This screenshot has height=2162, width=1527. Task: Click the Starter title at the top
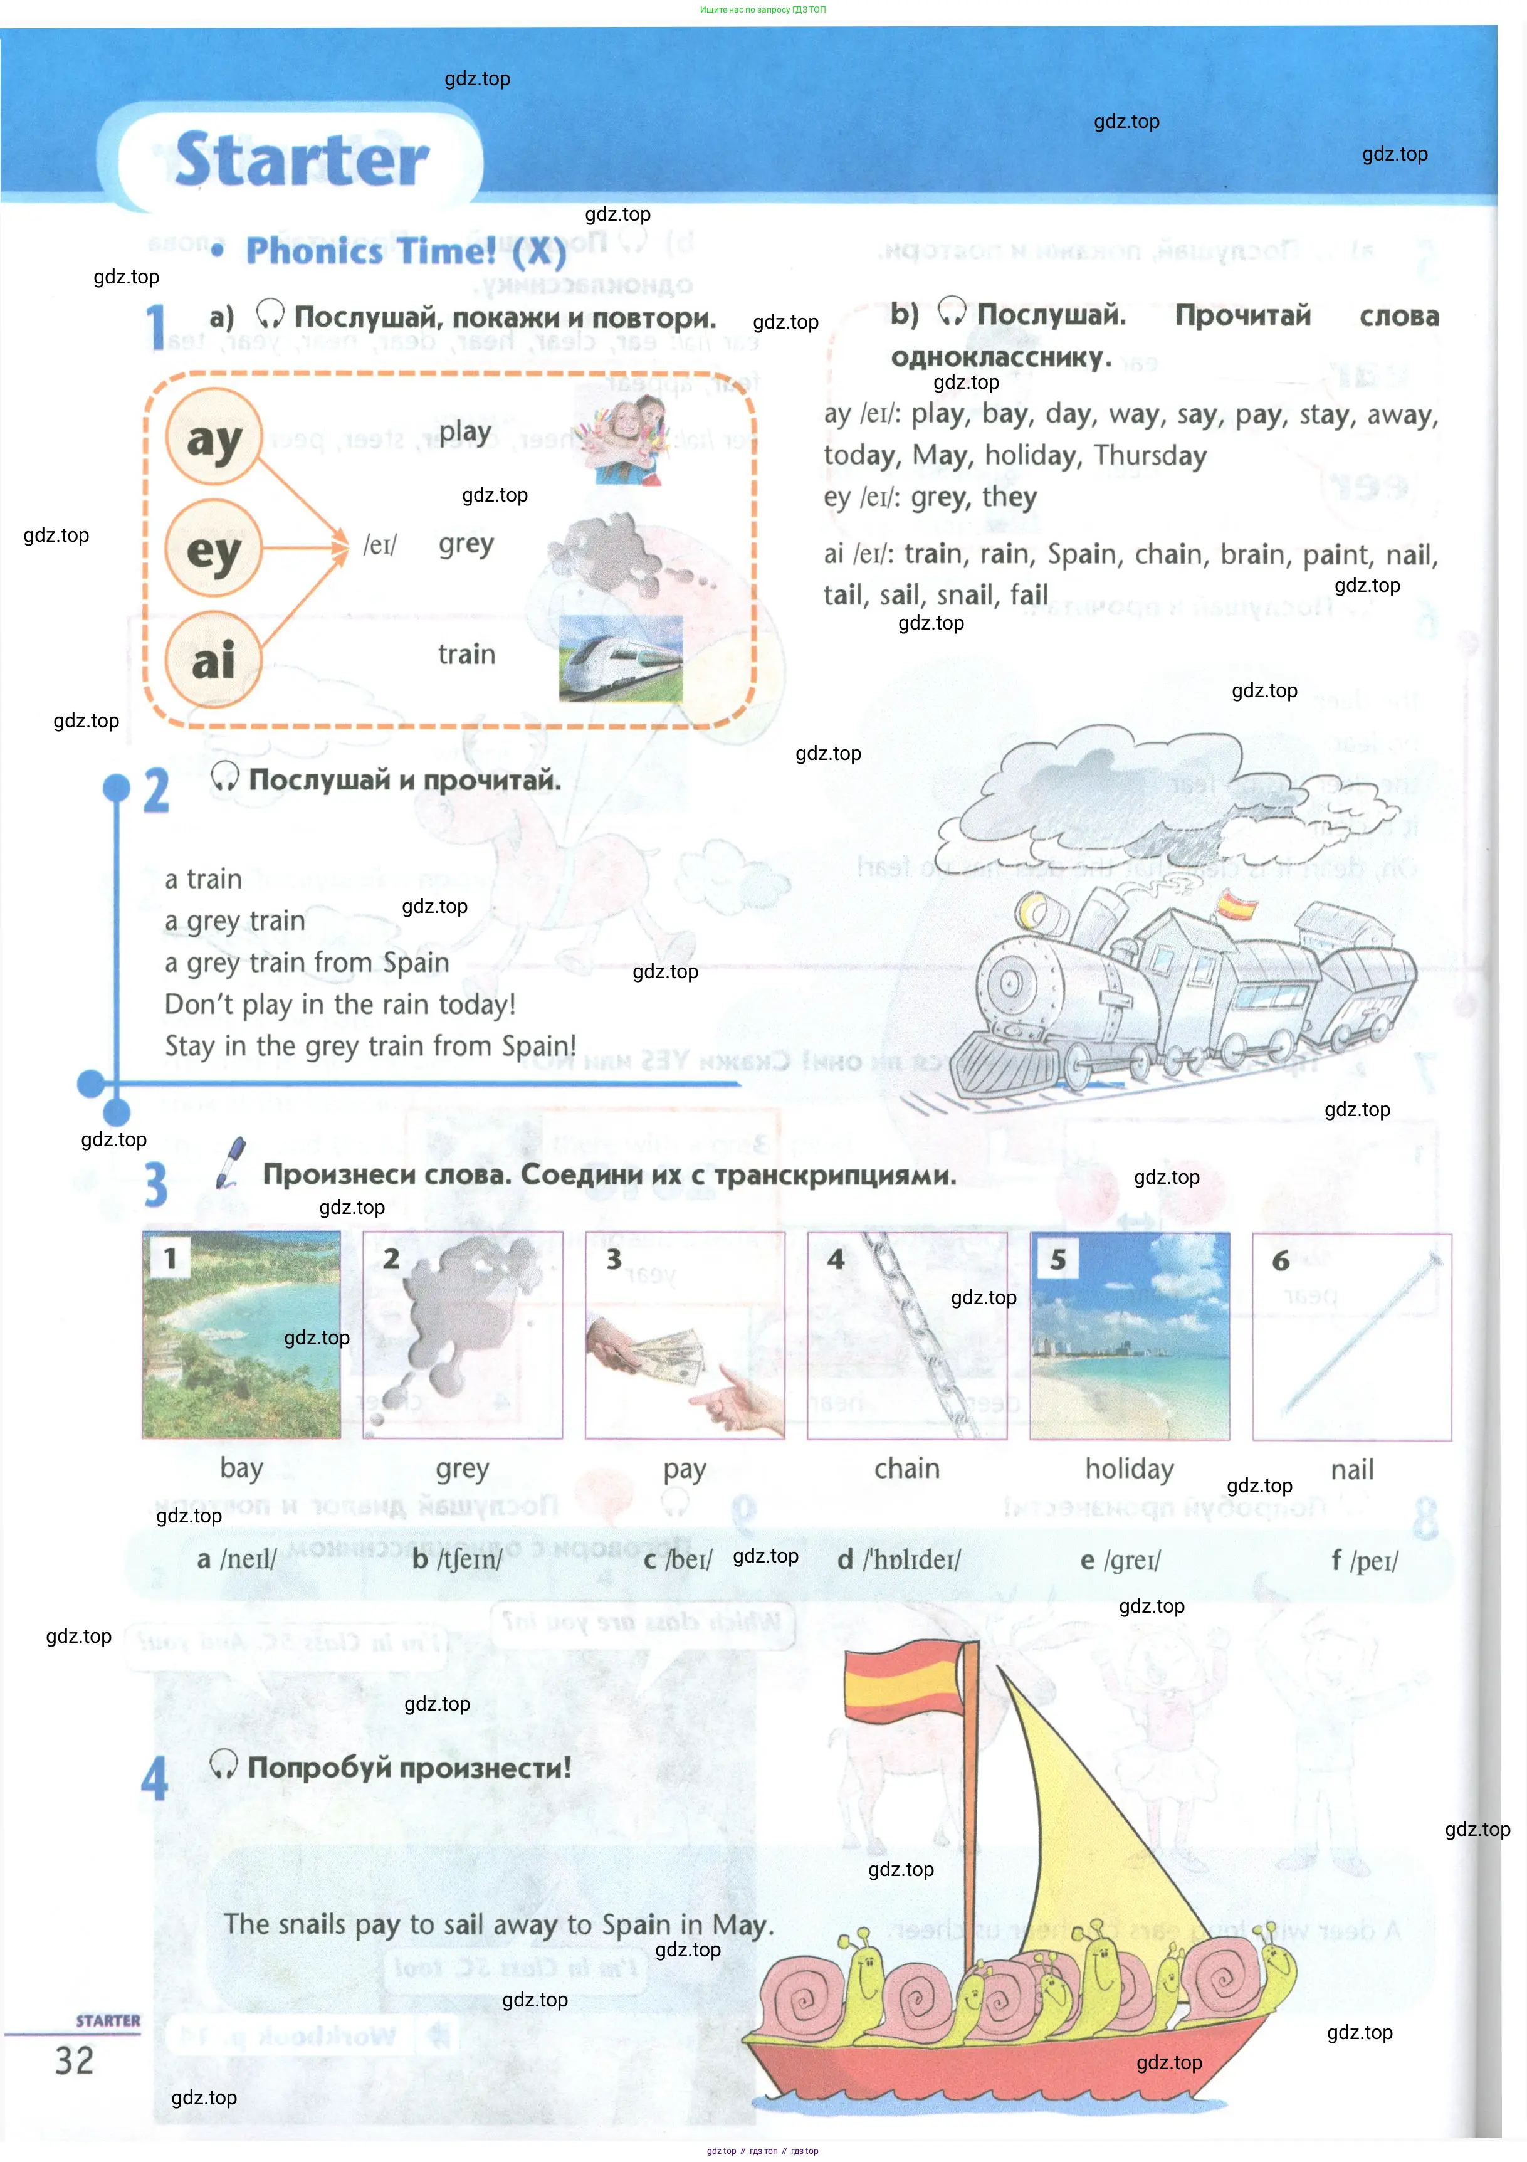point(302,159)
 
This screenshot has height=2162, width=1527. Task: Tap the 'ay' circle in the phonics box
point(214,438)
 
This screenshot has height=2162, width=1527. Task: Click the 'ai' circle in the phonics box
point(214,659)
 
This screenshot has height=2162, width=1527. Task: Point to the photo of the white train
point(621,658)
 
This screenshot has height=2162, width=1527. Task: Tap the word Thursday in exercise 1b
point(1150,456)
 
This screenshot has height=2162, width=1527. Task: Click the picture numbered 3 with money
point(685,1335)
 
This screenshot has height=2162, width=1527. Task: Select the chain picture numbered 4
point(906,1335)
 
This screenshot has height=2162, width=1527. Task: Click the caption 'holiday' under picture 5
point(1129,1469)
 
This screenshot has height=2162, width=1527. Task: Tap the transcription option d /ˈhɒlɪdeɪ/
point(899,1560)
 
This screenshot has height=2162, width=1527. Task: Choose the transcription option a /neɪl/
point(237,1559)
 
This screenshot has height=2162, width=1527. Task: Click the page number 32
point(75,2061)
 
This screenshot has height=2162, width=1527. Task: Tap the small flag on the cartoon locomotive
point(1236,906)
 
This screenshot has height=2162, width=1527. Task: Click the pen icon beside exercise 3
point(229,1163)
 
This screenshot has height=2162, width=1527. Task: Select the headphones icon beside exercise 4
point(223,1764)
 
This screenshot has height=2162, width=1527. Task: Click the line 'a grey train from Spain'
point(307,962)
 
